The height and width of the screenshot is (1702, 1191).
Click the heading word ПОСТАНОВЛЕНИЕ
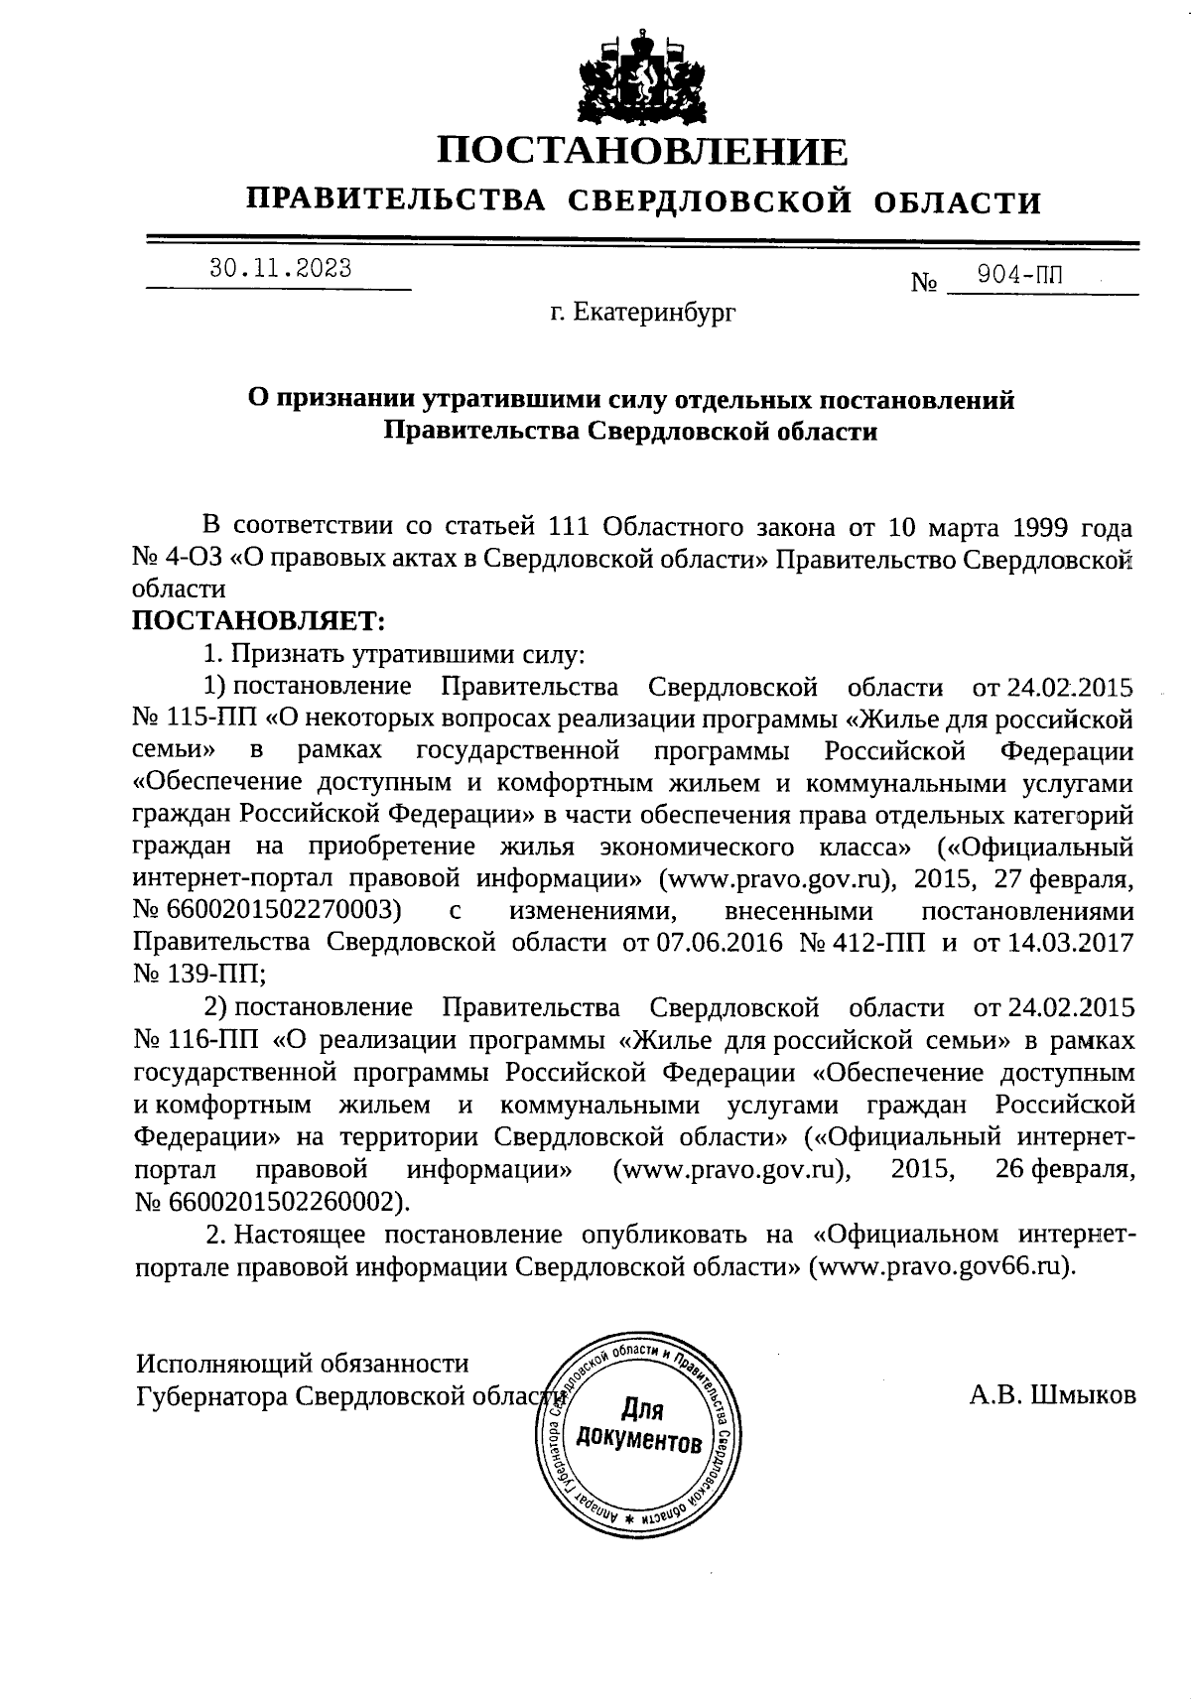[x=643, y=152]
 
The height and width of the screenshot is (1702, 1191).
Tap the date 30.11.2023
[x=279, y=269]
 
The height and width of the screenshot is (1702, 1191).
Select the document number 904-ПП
[x=1019, y=276]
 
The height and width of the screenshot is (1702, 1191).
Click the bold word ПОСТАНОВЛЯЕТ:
[x=258, y=621]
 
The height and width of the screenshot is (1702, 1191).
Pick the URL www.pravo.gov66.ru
[x=942, y=1267]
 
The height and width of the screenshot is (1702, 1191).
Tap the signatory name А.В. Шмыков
[x=1052, y=1395]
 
